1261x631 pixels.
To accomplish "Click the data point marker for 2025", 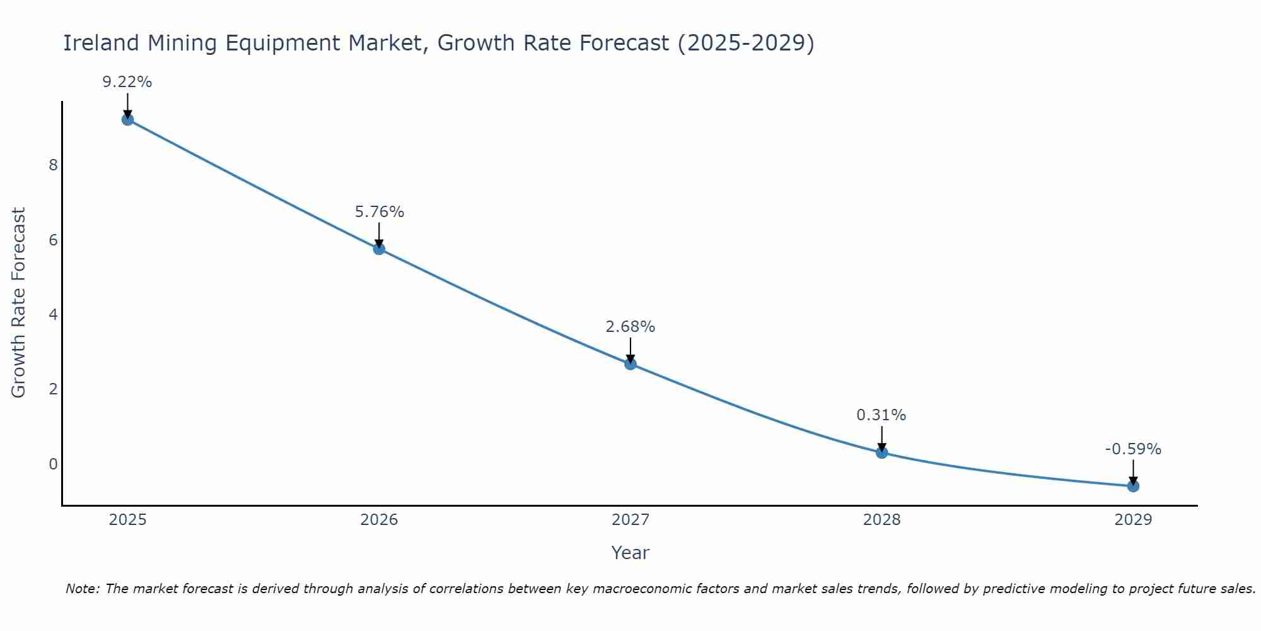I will click(127, 119).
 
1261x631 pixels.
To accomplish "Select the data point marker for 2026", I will click(379, 249).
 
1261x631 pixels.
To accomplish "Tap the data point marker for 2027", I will click(630, 363).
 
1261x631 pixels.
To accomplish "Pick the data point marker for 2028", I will click(881, 452).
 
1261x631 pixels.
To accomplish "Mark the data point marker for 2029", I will click(1133, 486).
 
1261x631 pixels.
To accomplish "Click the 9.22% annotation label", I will click(127, 82).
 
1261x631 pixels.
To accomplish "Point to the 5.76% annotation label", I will click(379, 212).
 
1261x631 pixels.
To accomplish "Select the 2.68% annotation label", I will click(630, 327).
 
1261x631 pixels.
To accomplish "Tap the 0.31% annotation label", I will click(881, 415).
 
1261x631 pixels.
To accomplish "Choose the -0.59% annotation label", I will click(1133, 449).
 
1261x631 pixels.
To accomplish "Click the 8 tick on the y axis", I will click(53, 165).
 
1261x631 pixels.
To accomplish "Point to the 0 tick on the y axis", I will click(53, 464).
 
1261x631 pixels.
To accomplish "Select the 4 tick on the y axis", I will click(53, 315).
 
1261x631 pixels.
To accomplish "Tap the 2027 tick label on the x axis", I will click(630, 520).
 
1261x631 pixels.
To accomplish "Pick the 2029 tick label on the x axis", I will click(1133, 520).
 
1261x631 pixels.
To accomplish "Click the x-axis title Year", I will click(630, 553).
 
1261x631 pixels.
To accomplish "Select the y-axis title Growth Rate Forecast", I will click(19, 303).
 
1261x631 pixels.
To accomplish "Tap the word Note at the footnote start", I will click(83, 589).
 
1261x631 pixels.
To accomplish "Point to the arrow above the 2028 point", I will click(881, 439).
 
